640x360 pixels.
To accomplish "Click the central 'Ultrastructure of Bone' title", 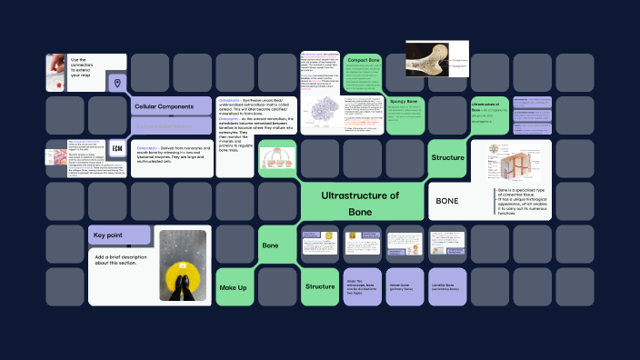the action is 360,203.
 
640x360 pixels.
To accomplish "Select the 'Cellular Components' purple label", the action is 165,106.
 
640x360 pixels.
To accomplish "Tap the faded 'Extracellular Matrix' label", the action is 165,125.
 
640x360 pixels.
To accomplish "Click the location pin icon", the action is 116,83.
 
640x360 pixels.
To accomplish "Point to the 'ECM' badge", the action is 117,147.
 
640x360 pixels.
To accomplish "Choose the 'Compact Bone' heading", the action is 363,61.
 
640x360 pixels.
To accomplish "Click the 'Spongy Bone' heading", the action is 403,101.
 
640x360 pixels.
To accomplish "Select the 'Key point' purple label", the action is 109,235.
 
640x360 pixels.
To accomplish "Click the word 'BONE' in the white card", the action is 447,200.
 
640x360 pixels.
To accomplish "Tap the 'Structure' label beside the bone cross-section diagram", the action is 447,158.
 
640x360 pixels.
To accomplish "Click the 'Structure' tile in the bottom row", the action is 320,286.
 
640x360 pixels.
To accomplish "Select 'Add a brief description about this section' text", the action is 119,261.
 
